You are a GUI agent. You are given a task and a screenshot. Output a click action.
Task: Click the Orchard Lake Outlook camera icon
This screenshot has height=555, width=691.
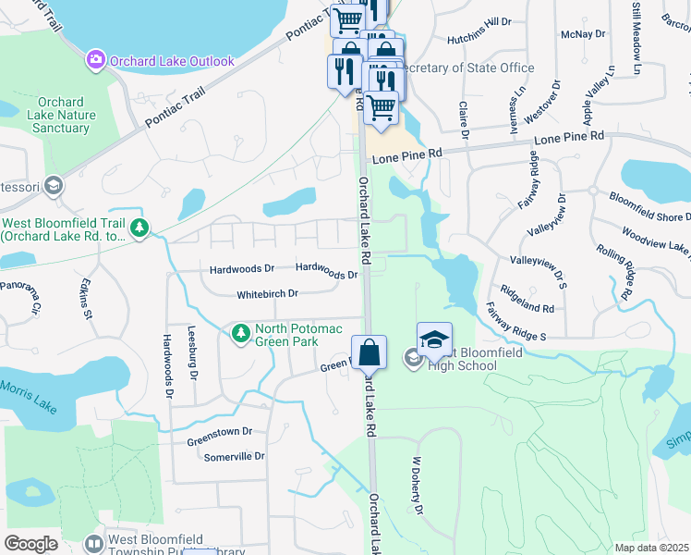[x=96, y=61]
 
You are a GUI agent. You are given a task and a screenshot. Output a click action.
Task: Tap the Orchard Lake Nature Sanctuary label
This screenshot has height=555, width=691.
[x=61, y=116]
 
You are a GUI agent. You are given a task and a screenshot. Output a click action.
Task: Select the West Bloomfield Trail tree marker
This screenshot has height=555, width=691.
[x=139, y=228]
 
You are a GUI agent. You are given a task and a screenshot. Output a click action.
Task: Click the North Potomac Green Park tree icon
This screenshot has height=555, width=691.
[x=241, y=332]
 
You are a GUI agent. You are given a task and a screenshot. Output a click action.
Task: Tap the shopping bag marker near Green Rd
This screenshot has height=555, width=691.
[x=369, y=352]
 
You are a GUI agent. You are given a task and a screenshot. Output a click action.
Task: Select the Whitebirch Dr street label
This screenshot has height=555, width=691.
[x=267, y=294]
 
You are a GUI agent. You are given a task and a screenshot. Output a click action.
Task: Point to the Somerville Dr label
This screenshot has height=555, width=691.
[x=234, y=456]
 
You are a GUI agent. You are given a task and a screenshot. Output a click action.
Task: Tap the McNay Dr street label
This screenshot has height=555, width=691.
[x=588, y=32]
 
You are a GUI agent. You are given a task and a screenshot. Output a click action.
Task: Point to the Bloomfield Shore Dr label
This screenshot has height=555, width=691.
[x=649, y=206]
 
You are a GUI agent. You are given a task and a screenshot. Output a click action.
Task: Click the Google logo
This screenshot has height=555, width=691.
[x=30, y=544]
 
